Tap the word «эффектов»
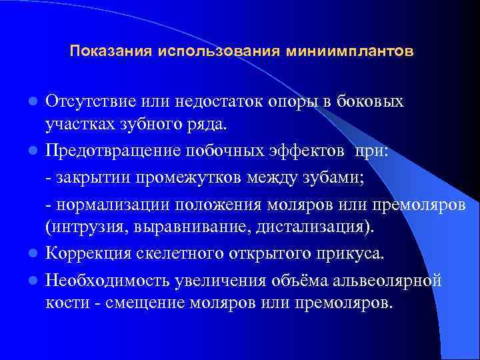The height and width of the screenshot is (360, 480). point(311,151)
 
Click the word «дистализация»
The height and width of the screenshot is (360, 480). point(317,229)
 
